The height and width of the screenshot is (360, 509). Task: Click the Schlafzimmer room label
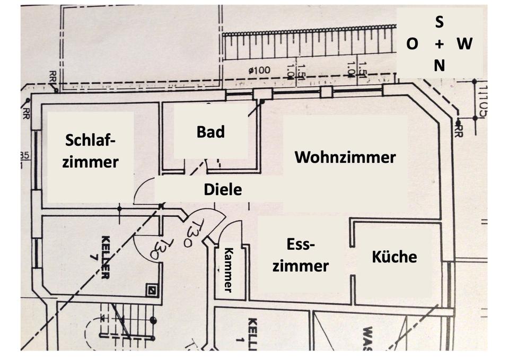coord(90,151)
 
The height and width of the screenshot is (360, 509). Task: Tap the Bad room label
coord(210,131)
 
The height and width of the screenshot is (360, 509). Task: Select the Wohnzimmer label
coord(345,157)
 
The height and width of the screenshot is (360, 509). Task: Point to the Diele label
coord(223,189)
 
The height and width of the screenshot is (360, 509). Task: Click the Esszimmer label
coord(300,255)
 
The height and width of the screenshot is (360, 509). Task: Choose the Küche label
coord(394,257)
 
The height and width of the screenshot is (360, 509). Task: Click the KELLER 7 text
coord(104,257)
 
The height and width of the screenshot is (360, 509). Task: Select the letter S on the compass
coord(440,22)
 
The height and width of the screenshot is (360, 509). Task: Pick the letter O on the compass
coord(412,44)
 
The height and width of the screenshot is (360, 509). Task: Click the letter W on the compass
coord(464,44)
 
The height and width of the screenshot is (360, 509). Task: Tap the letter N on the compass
coord(440,66)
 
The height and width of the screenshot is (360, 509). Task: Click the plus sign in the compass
coord(439,44)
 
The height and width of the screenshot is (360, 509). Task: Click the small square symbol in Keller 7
coord(153,290)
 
